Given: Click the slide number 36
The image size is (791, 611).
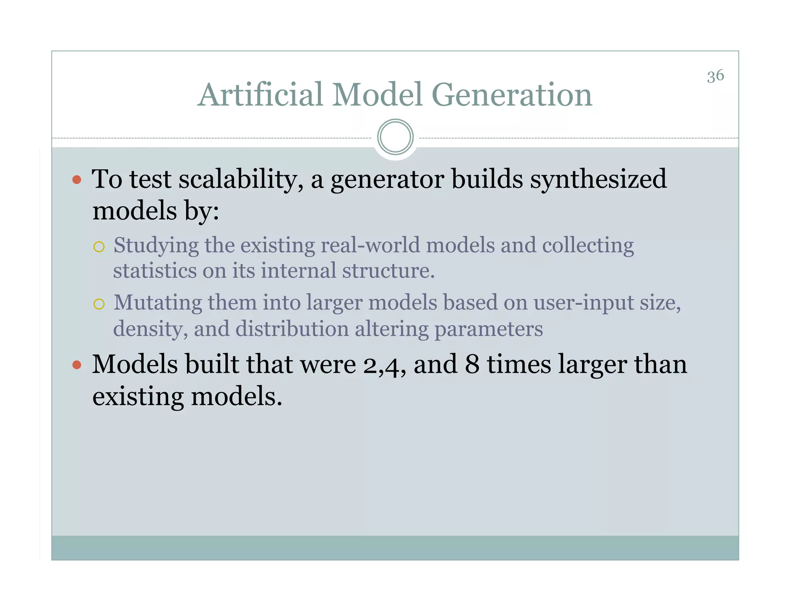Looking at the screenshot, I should pyautogui.click(x=715, y=76).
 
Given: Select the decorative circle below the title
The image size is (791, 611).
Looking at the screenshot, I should pyautogui.click(x=395, y=137).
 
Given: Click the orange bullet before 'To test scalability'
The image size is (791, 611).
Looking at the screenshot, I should pyautogui.click(x=77, y=180).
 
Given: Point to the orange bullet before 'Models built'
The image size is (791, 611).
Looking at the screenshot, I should pyautogui.click(x=77, y=365).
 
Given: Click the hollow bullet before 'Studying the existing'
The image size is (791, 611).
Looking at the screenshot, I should pyautogui.click(x=99, y=247).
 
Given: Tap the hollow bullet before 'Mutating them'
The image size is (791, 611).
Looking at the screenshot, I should pyautogui.click(x=99, y=304).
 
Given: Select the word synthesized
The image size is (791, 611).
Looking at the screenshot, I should pyautogui.click(x=598, y=180).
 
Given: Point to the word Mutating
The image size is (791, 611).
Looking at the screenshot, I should pyautogui.click(x=158, y=303).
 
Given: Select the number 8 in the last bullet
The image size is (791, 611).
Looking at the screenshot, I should pyautogui.click(x=472, y=365).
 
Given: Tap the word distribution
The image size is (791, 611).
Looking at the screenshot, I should pyautogui.click(x=292, y=329).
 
